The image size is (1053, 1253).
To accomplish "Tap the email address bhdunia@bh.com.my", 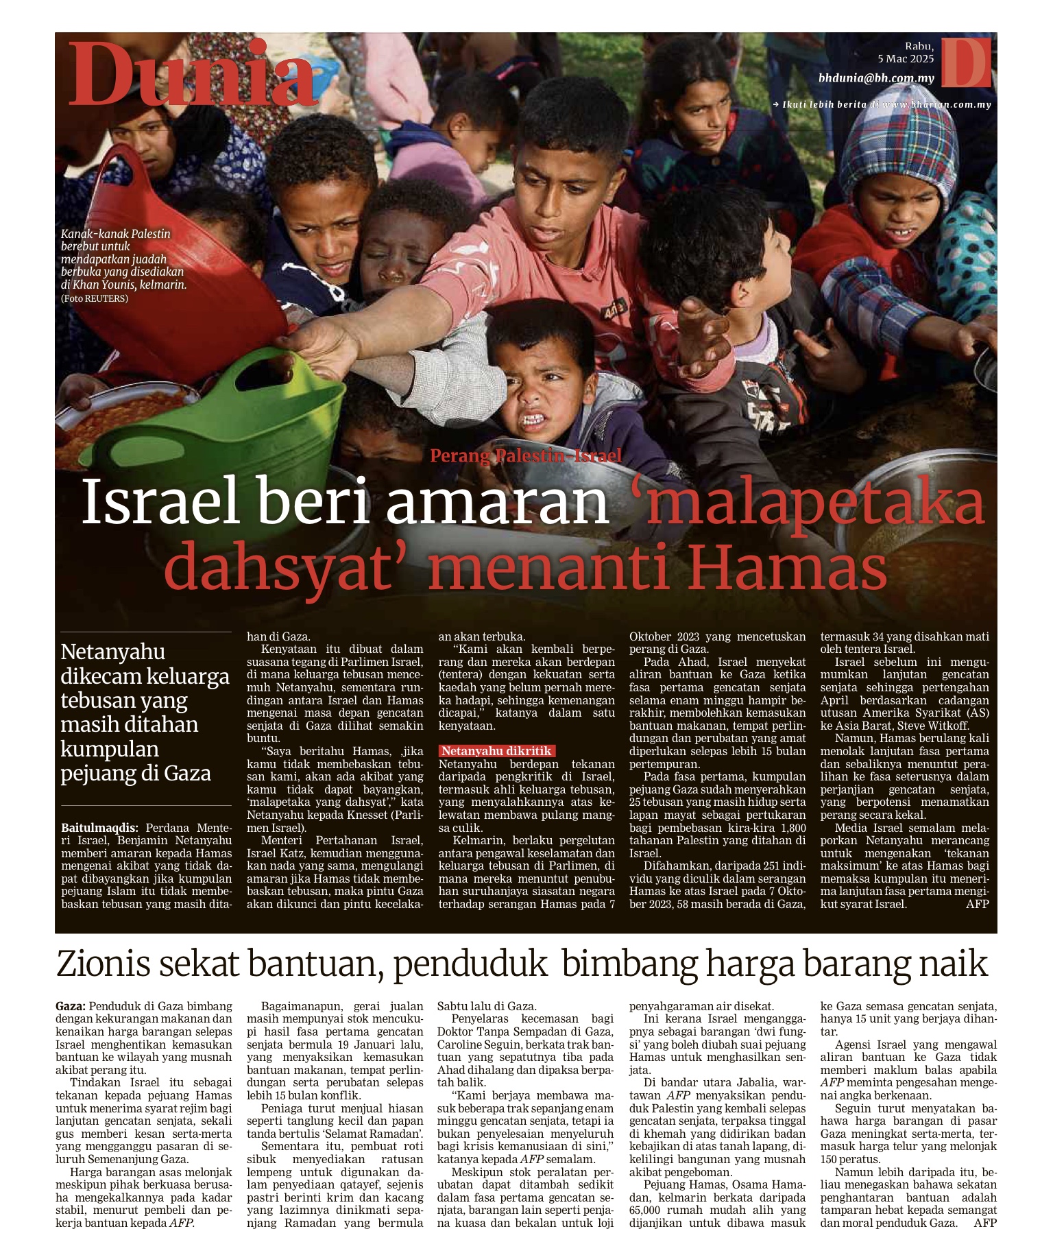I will tap(876, 78).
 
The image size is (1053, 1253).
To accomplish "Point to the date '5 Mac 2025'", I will tap(906, 59).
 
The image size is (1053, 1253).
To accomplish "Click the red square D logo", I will tap(965, 62).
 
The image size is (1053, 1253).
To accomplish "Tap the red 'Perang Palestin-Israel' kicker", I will tap(526, 455).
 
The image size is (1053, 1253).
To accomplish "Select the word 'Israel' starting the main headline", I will tap(161, 502).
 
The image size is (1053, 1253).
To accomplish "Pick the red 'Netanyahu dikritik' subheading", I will tap(496, 751).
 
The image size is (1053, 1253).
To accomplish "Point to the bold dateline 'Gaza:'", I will tap(71, 1006).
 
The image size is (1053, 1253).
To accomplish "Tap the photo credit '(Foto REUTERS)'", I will tap(95, 298).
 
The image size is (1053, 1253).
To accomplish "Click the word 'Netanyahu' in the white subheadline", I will tap(113, 652).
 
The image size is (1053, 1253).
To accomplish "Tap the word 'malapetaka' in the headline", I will tap(806, 502).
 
